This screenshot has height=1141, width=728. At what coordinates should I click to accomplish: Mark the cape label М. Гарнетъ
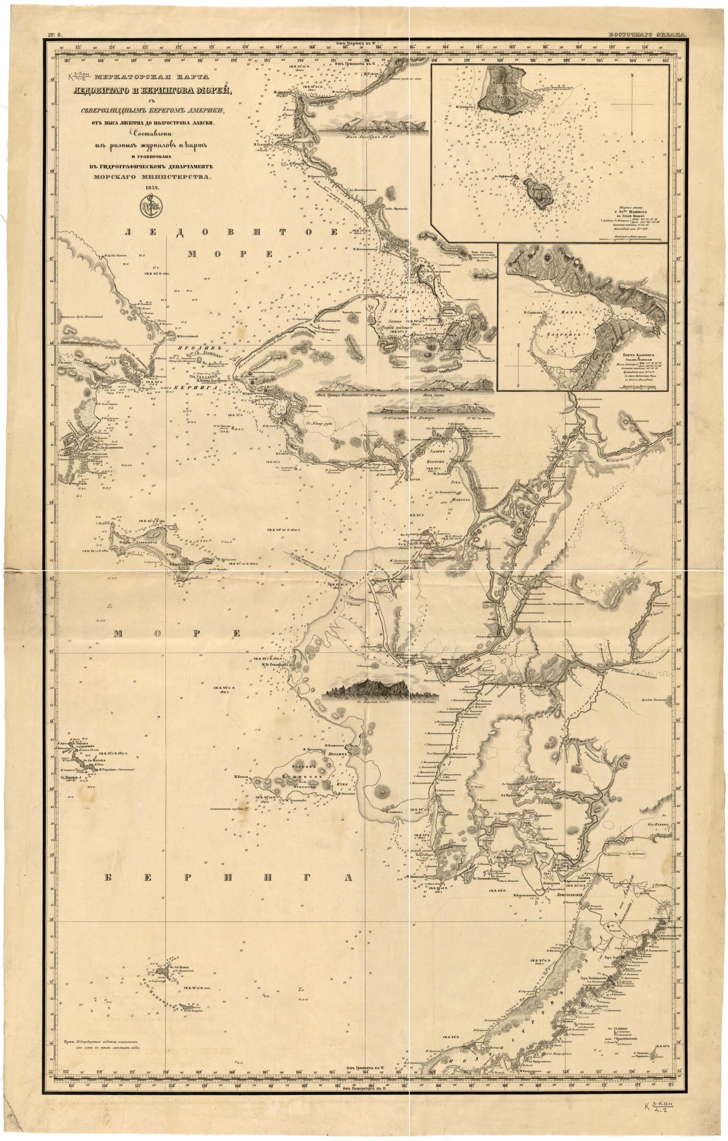465,107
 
